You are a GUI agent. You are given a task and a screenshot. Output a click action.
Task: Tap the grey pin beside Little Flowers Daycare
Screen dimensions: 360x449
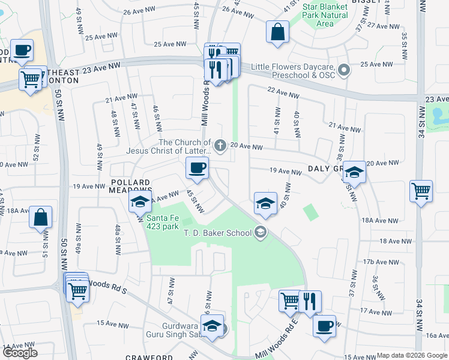[344, 71]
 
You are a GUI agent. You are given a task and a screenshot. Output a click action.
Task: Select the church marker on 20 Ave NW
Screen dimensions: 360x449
[221, 145]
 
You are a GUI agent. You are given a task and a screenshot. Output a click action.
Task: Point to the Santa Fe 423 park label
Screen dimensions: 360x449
[170, 223]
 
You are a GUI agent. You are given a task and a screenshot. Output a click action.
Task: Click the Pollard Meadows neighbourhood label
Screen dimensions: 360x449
[130, 187]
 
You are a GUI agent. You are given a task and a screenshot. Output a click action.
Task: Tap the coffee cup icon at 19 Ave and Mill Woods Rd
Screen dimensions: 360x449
[197, 169]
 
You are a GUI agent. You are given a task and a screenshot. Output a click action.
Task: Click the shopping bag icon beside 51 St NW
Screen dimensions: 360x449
[40, 218]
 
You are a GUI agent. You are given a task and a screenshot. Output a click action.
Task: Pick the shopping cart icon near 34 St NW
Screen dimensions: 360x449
[421, 191]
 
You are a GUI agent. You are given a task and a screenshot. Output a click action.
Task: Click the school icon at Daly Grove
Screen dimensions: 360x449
[354, 173]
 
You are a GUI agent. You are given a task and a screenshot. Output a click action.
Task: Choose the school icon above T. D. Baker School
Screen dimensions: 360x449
[265, 203]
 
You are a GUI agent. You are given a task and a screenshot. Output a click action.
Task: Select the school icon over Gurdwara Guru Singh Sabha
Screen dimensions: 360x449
[211, 326]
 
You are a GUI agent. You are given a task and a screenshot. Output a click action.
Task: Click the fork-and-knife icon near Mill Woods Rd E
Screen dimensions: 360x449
[310, 301]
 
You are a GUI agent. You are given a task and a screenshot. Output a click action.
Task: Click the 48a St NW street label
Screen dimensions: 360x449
[118, 232]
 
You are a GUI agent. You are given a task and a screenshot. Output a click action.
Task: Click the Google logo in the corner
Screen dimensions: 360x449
[20, 353]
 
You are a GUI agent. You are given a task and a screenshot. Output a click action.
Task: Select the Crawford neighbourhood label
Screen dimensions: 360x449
[149, 357]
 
